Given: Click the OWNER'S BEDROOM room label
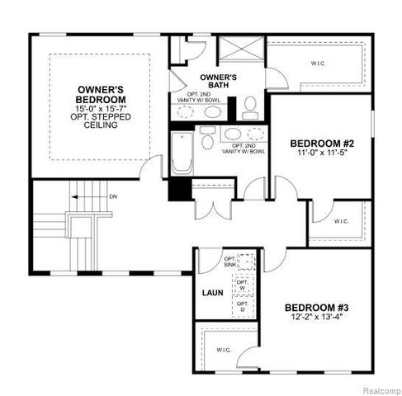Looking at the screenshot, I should point(101,94).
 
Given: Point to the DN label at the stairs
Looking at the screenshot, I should point(114,196).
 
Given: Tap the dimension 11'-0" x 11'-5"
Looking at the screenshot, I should point(319,153).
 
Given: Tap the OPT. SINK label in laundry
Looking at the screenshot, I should point(230,263).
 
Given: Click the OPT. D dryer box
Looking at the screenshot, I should point(243,306).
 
